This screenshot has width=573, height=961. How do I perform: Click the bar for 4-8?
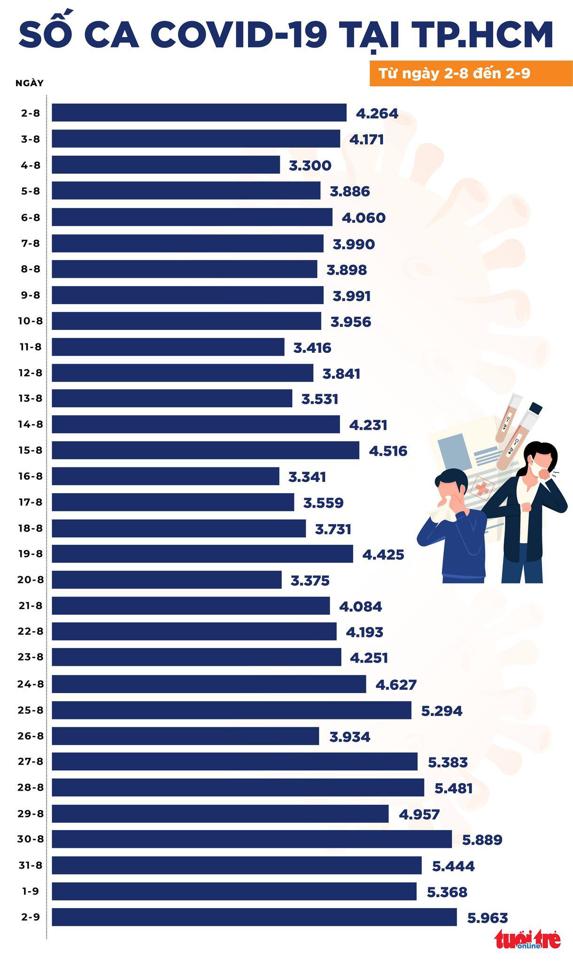coord(166,165)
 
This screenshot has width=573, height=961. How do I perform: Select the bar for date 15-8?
coord(205,450)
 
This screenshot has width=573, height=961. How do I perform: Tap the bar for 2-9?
coord(254,917)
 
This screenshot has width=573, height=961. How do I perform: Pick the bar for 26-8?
coord(185,736)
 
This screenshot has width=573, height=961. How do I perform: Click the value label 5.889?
coord(482,839)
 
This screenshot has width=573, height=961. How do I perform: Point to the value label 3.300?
coord(310,165)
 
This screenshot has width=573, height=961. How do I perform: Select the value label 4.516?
coord(388,451)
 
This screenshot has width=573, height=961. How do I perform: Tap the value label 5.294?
coord(441,711)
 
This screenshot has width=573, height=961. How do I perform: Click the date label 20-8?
coord(31,580)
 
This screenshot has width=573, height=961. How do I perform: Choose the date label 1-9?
coord(31,891)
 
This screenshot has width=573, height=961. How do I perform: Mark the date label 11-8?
coord(31,347)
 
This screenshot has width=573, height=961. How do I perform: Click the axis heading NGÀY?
coord(30,83)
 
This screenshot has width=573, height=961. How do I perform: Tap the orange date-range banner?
coord(471,74)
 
